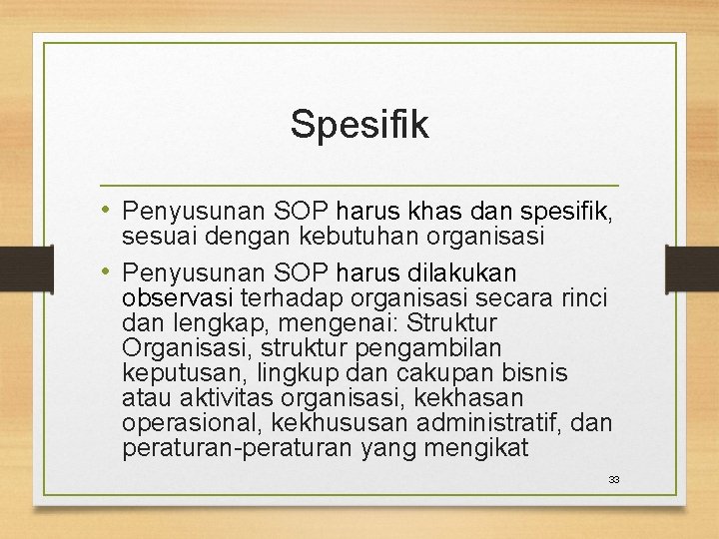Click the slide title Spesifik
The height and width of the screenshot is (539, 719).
coord(359,125)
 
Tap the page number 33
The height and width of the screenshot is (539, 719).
coord(614,480)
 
